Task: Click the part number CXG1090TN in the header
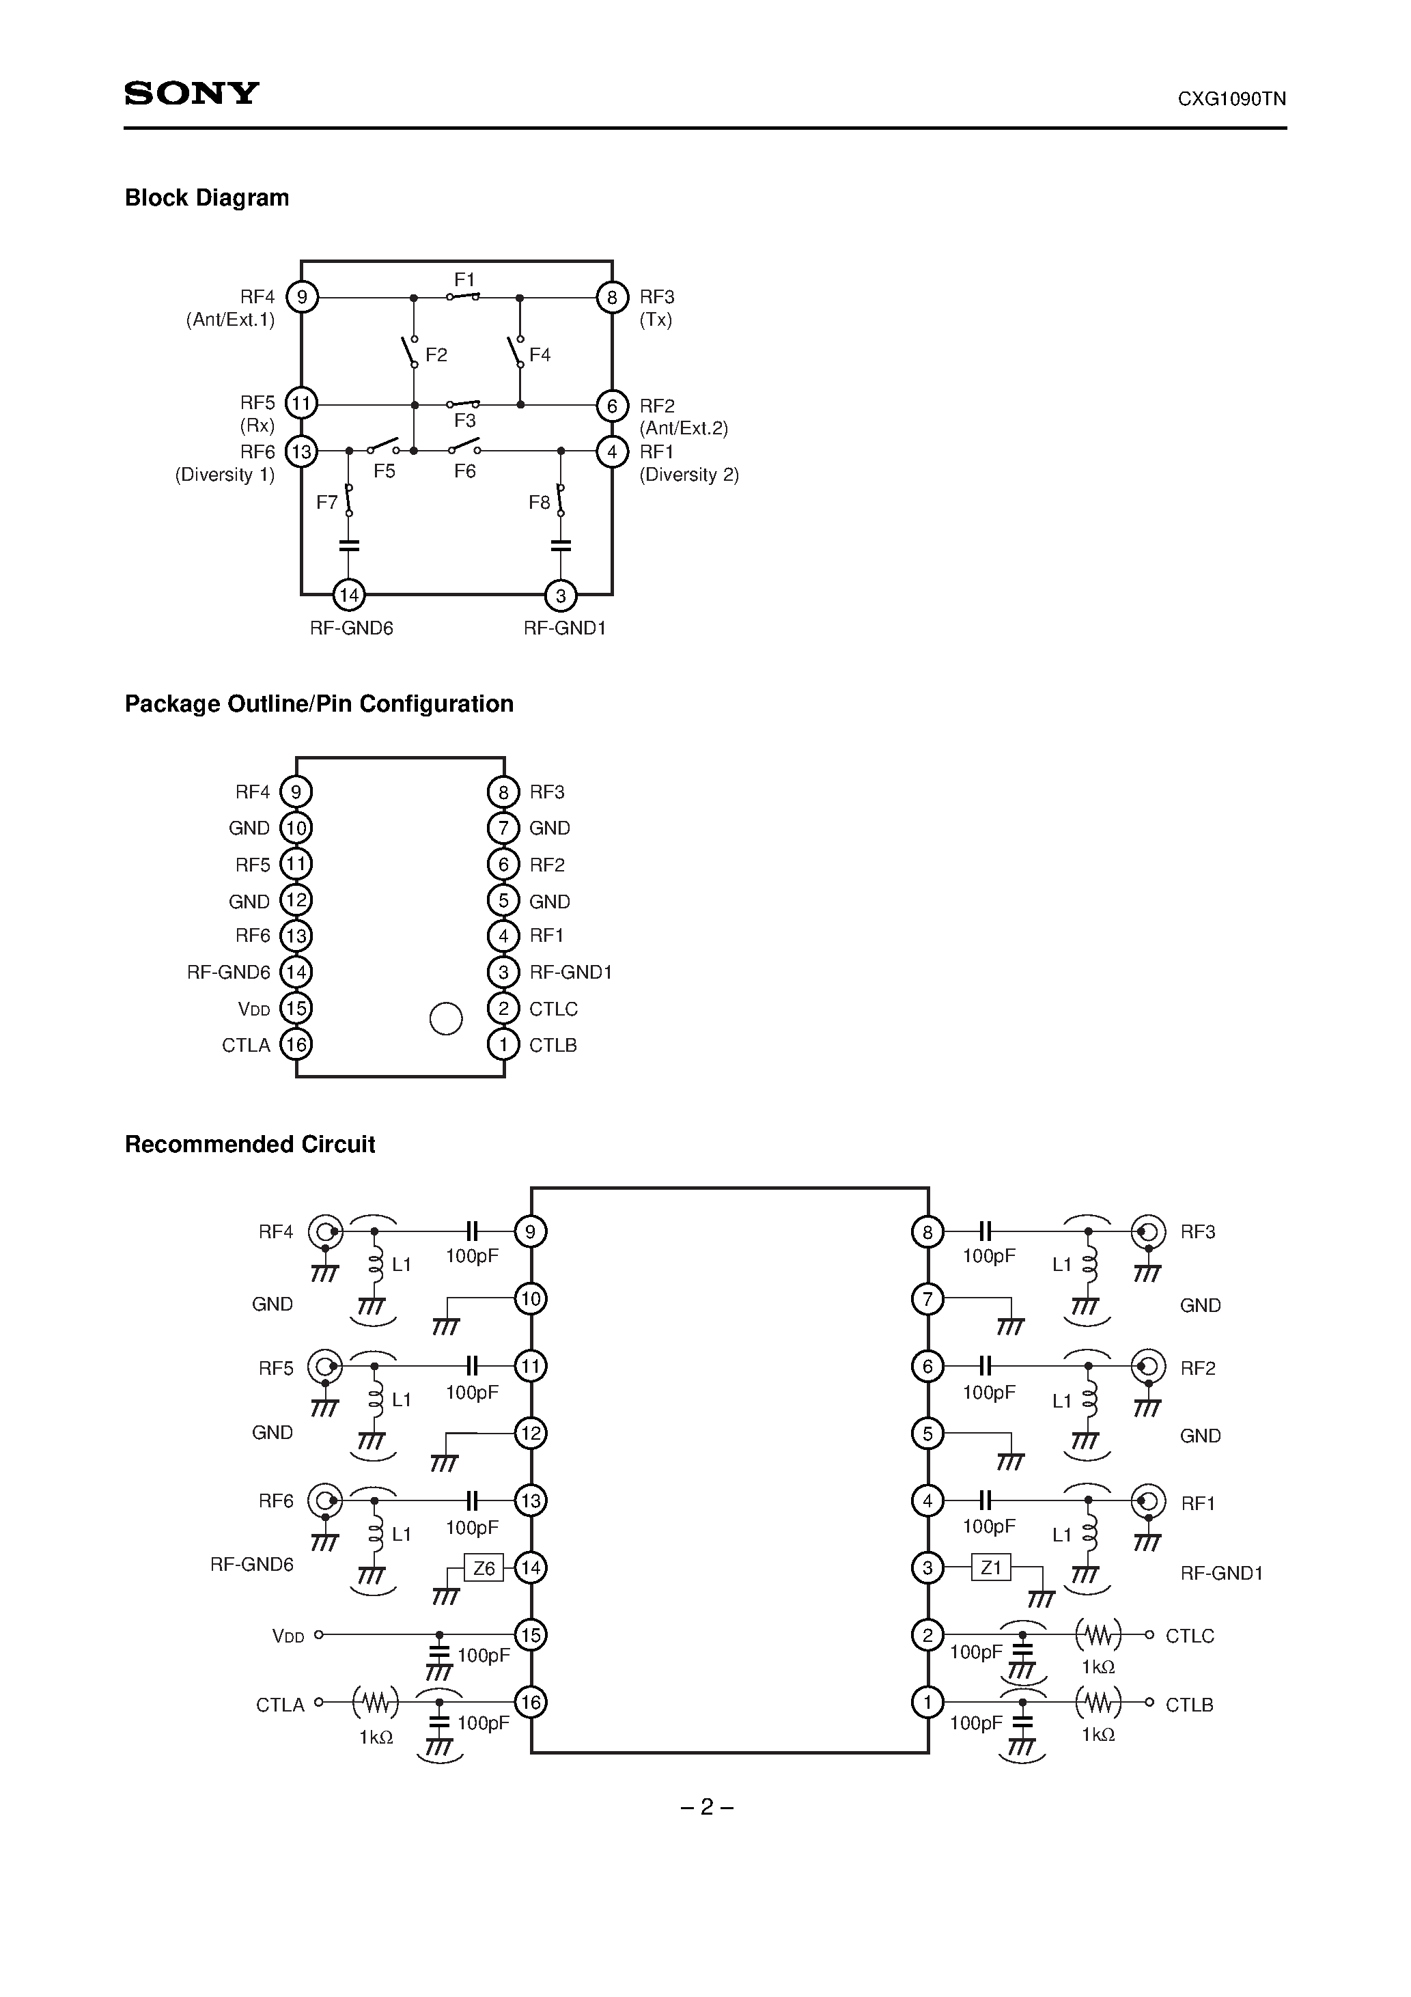pyautogui.click(x=1231, y=99)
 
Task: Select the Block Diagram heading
pyautogui.click(x=206, y=197)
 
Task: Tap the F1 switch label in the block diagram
pyautogui.click(x=464, y=279)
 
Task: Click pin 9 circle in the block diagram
pyautogui.click(x=302, y=298)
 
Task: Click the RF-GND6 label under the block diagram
pyautogui.click(x=352, y=628)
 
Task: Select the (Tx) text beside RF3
pyautogui.click(x=655, y=320)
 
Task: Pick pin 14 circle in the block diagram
pyautogui.click(x=349, y=596)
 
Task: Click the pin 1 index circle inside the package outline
pyautogui.click(x=445, y=1018)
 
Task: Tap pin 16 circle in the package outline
pyautogui.click(x=296, y=1044)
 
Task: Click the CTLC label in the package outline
pyautogui.click(x=553, y=1009)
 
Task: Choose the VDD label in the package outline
pyautogui.click(x=253, y=1009)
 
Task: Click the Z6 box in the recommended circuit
pyautogui.click(x=484, y=1568)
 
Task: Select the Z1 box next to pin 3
pyautogui.click(x=991, y=1567)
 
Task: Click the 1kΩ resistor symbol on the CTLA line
pyautogui.click(x=375, y=1702)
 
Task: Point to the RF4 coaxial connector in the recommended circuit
pyautogui.click(x=325, y=1231)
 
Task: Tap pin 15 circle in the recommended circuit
pyautogui.click(x=530, y=1635)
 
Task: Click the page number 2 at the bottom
pyautogui.click(x=706, y=1807)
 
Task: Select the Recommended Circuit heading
pyautogui.click(x=250, y=1145)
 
